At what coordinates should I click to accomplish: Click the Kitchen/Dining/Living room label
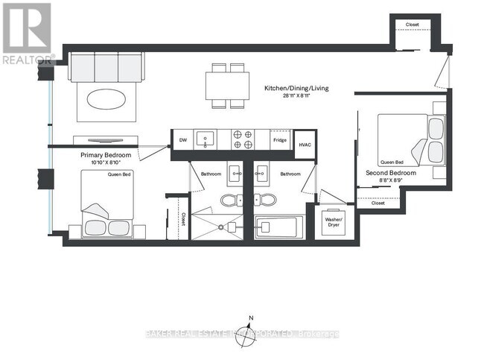click(296, 89)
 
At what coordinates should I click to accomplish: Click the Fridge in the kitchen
click(279, 140)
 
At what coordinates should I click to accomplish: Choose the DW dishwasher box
click(182, 139)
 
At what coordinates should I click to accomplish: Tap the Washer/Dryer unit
click(332, 221)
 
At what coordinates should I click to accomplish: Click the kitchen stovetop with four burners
click(243, 139)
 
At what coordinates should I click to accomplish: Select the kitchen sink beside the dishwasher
click(206, 139)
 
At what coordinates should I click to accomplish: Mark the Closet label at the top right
click(413, 25)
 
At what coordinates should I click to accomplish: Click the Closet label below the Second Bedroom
click(378, 203)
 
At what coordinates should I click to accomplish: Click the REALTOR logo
click(27, 33)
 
